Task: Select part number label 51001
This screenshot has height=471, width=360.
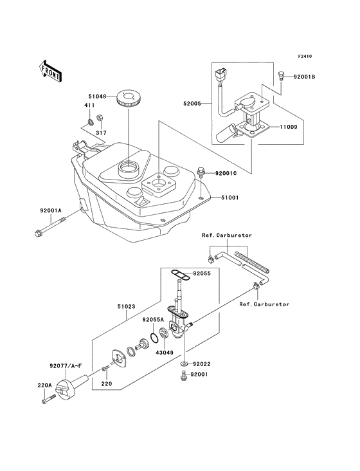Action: tap(230, 198)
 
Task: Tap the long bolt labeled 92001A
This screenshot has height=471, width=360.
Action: tap(50, 228)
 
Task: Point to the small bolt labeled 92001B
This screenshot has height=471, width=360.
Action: tap(281, 75)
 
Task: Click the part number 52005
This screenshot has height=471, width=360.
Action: tap(192, 104)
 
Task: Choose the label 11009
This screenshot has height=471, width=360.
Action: tap(289, 127)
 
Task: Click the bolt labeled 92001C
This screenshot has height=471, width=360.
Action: tap(200, 173)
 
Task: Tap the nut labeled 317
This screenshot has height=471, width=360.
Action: tap(99, 118)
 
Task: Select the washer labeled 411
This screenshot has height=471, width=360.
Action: tap(89, 122)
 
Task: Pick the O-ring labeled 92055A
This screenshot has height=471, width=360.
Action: tap(154, 338)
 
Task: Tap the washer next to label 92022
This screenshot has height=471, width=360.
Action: tap(184, 364)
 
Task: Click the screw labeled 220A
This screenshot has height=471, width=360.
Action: tap(49, 400)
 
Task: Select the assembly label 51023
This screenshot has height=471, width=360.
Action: tap(126, 307)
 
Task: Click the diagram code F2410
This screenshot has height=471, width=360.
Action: tap(305, 56)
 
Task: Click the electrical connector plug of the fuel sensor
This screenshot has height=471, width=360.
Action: tap(221, 74)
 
